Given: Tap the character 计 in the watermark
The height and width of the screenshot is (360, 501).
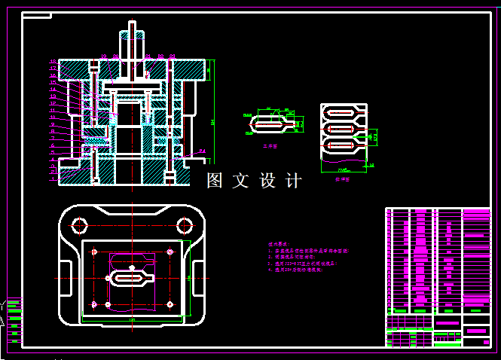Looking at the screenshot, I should (x=294, y=181).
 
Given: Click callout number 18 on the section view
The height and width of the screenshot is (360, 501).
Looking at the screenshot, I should (x=52, y=61).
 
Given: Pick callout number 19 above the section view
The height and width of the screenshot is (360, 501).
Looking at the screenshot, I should (x=103, y=56).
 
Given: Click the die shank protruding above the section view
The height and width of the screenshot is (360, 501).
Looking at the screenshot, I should (x=132, y=41).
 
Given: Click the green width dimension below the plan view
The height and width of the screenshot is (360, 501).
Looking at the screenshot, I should (x=133, y=320).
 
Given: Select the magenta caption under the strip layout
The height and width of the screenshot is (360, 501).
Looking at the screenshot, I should (x=342, y=179).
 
